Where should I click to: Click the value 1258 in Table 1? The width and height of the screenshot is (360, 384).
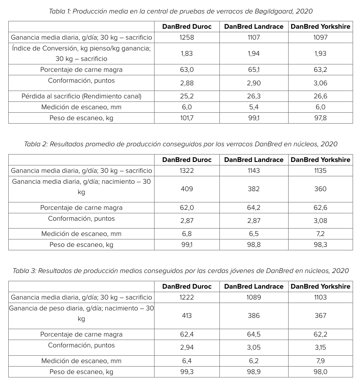(186, 37)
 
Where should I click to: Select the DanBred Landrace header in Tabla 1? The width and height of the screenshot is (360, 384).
(253, 27)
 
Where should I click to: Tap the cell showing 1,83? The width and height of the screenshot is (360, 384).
(186, 54)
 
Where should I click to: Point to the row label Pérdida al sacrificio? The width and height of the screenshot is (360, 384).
(81, 96)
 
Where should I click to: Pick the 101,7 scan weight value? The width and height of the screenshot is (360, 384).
(186, 118)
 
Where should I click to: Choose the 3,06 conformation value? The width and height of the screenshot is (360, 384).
(320, 83)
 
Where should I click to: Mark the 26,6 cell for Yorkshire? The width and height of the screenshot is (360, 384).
(320, 96)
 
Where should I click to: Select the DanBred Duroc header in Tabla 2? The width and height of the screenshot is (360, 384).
(187, 160)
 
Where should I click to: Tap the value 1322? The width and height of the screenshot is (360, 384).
(186, 171)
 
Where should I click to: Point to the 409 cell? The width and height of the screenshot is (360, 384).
(186, 189)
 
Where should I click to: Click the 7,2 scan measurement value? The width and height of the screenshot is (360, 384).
(320, 234)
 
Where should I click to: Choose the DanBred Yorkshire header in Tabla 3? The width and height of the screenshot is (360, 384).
(320, 286)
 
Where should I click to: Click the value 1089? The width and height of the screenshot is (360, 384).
(253, 297)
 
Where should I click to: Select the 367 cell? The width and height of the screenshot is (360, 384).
(320, 316)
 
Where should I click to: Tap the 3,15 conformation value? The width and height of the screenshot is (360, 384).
(320, 348)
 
